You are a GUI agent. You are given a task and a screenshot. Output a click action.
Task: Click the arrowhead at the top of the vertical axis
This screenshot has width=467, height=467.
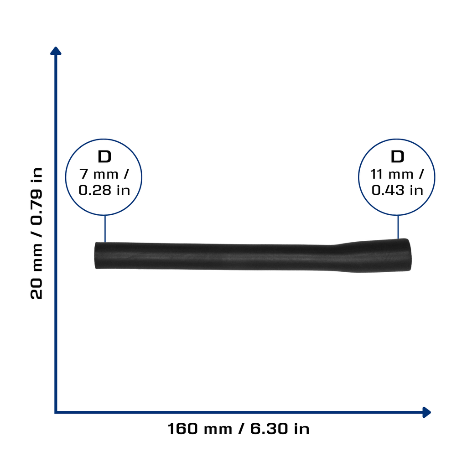coord(56,51)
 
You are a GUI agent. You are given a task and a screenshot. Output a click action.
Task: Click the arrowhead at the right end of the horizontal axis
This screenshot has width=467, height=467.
coord(426,412)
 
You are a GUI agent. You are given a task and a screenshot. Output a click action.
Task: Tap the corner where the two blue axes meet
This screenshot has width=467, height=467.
coord(56,412)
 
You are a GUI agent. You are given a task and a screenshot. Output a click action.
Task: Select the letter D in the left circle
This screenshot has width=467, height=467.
coord(104,157)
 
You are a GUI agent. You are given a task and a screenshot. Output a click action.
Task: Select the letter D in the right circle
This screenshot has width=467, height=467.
coord(397,157)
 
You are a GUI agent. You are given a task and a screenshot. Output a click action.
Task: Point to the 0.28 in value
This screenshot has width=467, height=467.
coord(104,190)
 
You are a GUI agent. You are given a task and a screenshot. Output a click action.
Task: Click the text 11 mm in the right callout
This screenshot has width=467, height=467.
coord(391,174)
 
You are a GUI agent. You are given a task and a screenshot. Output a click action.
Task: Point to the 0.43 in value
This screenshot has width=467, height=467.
coord(397,190)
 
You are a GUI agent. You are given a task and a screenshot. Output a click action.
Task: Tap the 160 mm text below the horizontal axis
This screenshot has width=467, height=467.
coord(200,429)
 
